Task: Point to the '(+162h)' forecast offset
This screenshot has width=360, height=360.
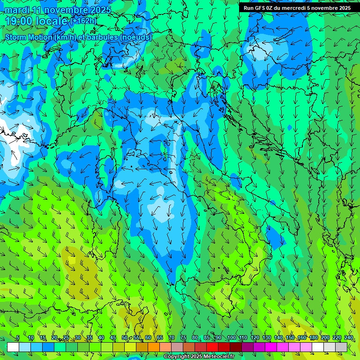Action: (x=83, y=21)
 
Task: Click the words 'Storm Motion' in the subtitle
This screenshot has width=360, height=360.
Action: (x=29, y=37)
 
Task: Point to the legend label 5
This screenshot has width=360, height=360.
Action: (x=18, y=337)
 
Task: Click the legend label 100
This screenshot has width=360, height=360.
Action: (x=231, y=337)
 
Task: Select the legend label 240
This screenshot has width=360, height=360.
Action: (x=349, y=337)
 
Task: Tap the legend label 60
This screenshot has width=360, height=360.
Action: (x=148, y=337)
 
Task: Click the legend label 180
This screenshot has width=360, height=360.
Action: (x=313, y=337)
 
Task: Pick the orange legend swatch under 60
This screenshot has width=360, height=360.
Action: (x=154, y=347)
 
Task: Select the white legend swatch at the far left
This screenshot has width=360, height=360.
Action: (x=13, y=347)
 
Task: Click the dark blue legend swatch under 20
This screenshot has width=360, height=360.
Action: (x=48, y=347)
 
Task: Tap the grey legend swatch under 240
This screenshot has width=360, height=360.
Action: (x=342, y=347)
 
